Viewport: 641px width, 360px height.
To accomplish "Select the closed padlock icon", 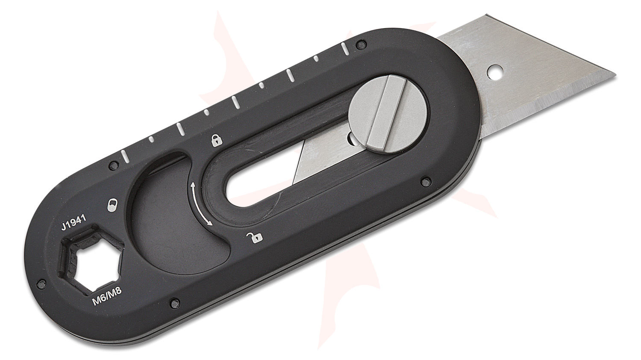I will (216, 139).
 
